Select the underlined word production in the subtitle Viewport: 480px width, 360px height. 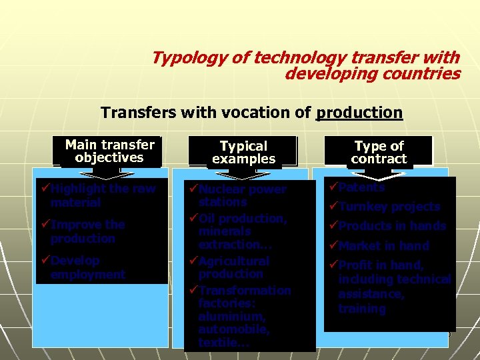[359, 112]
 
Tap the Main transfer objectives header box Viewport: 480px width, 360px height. [109, 151]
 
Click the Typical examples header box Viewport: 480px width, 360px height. [243, 152]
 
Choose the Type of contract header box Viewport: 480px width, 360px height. [379, 153]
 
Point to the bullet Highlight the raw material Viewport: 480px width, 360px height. [103, 195]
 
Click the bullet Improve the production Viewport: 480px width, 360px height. [87, 231]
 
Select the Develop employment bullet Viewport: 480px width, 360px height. [87, 267]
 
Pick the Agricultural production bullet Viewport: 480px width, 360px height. [233, 267]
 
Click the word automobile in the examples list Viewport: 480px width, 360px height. [233, 329]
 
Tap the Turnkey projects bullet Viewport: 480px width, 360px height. [389, 207]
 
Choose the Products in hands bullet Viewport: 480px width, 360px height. [392, 226]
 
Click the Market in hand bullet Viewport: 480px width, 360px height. [383, 245]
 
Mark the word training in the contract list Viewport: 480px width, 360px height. [362, 309]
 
